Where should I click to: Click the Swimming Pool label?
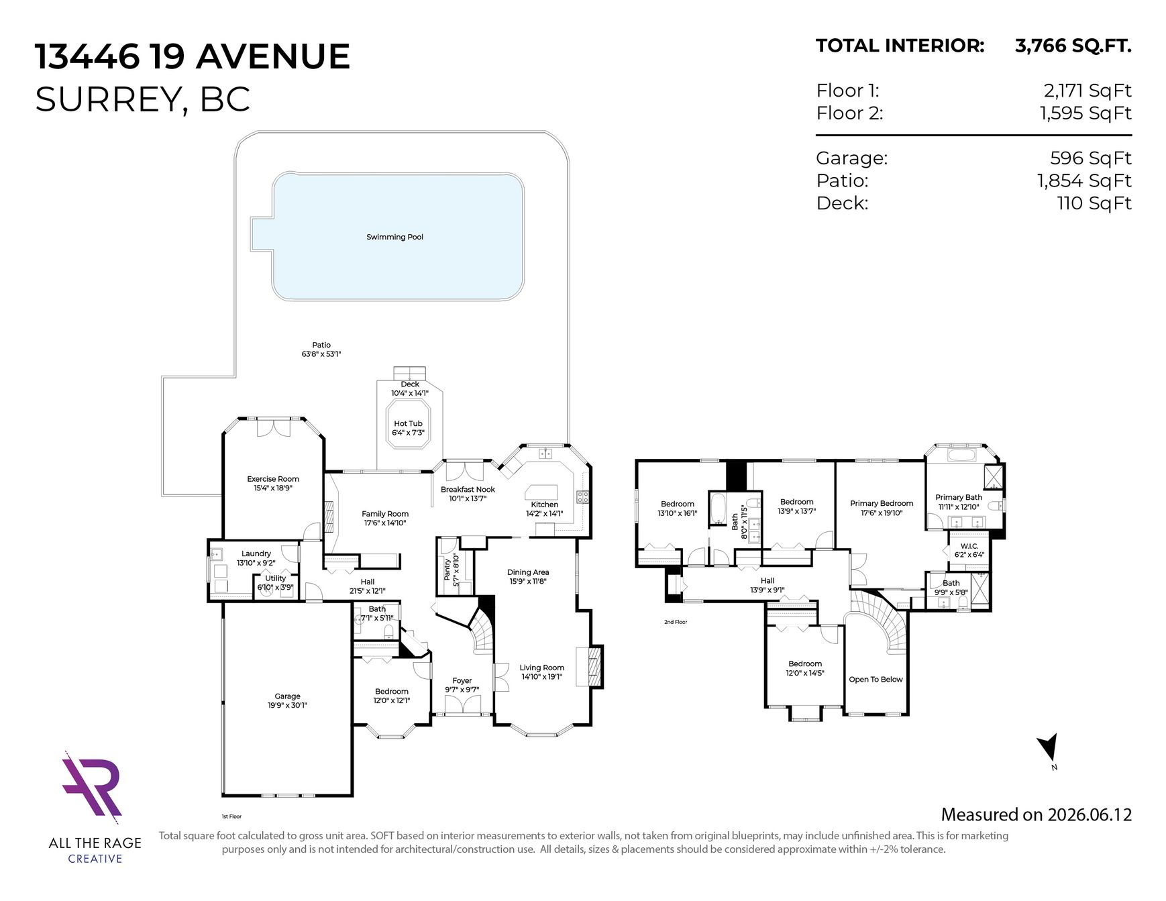point(394,237)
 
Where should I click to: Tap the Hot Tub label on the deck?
point(408,423)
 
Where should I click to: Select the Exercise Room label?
point(273,479)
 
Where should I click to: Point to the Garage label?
point(287,696)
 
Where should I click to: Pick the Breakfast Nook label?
point(468,490)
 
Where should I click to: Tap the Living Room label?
point(541,668)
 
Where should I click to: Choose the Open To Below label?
point(876,680)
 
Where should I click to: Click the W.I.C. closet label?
point(969,546)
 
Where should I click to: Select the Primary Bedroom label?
point(882,503)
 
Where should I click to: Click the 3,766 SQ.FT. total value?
point(1073,46)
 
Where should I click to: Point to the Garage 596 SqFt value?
point(1090,158)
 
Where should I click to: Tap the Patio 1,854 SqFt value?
point(1084,180)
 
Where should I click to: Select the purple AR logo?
point(92,788)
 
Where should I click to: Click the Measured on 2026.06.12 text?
point(1036,814)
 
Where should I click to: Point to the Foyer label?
point(462,681)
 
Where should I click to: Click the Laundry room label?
point(256,554)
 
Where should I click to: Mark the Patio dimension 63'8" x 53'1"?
point(321,354)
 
